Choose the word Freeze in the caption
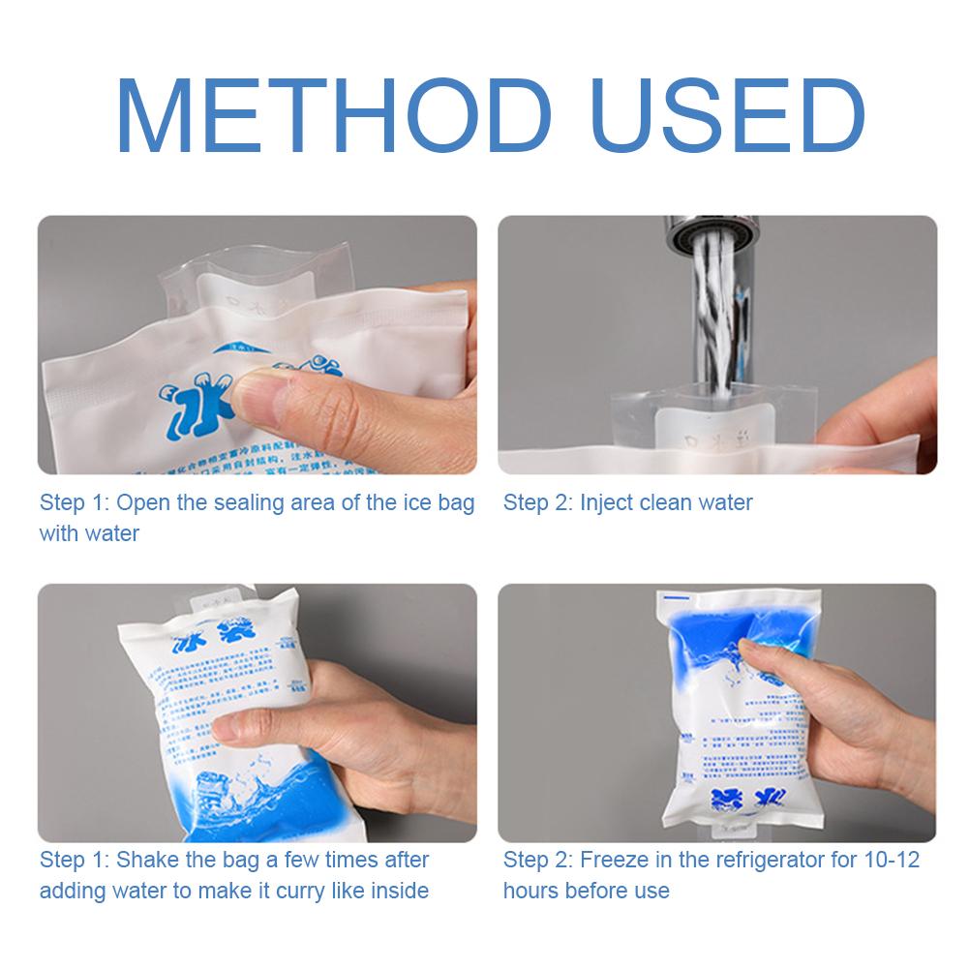point(612,860)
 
